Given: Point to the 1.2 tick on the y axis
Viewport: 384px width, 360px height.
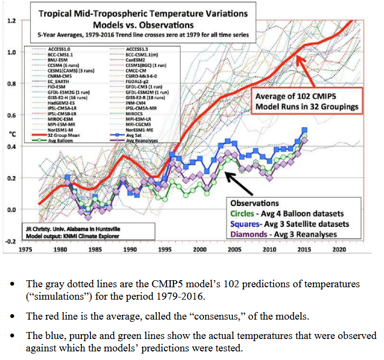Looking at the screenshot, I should tap(11, 20).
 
